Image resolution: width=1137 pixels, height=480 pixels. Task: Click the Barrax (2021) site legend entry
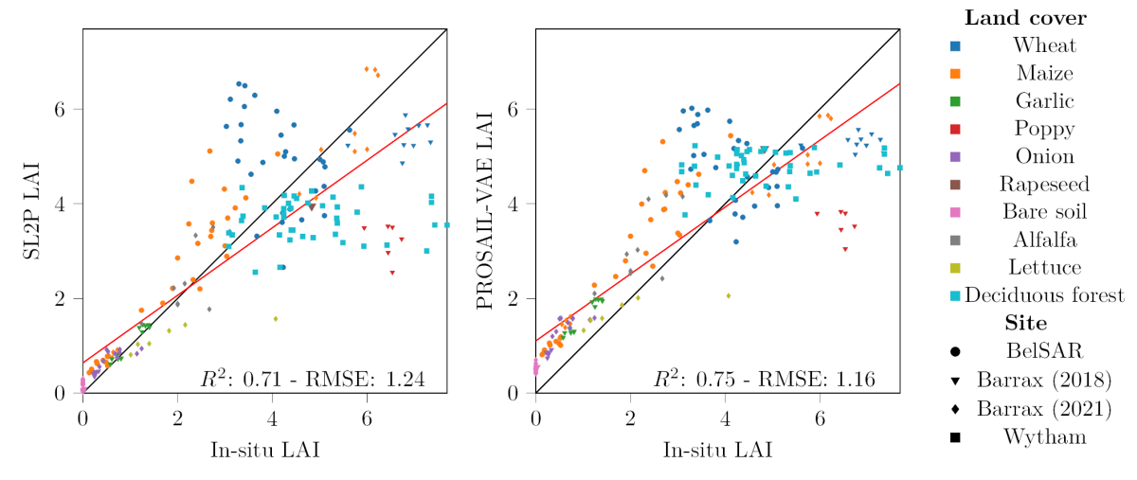[x=1043, y=409]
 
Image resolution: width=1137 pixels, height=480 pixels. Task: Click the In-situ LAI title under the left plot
[x=264, y=450]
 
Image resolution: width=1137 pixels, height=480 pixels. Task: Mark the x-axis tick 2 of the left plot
[x=177, y=414]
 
